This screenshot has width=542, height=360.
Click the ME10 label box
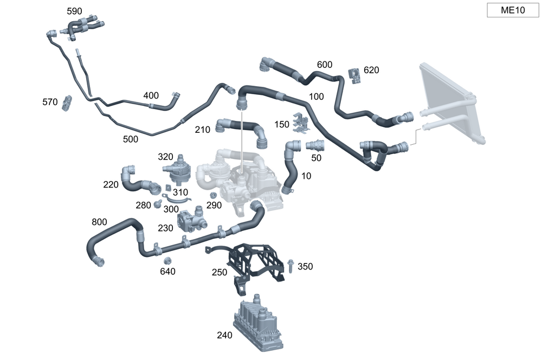pos(512,10)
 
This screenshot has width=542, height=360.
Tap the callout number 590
pos(75,11)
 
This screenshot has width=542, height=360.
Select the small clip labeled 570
pos(67,102)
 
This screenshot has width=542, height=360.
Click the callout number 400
pos(151,95)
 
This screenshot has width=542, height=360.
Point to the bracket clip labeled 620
pos(355,75)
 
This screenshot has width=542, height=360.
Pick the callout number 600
pos(324,65)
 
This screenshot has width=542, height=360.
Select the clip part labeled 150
pos(299,123)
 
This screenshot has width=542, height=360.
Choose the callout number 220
pos(111,184)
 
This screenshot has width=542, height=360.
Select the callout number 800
pos(99,222)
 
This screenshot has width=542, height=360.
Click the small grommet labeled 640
pos(167,261)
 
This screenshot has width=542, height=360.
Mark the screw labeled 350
pos(291,266)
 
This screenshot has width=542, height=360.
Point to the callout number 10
pos(306,176)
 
